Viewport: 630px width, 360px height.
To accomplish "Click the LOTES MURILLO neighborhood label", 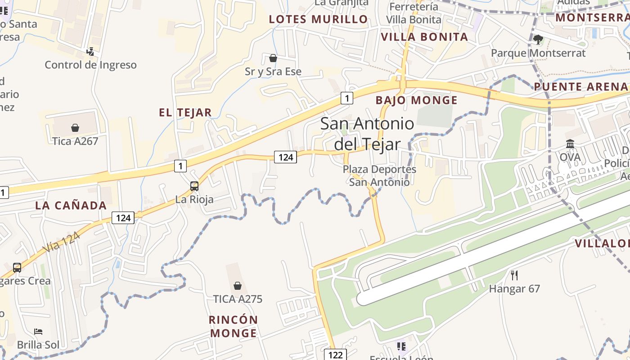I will (x=318, y=19).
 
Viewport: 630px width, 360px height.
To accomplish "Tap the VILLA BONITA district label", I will (x=424, y=37).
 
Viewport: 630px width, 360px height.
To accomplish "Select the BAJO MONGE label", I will (x=416, y=100).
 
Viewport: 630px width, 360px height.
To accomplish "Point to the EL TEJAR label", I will (x=185, y=112).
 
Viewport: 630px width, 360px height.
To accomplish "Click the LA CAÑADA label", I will (x=71, y=206).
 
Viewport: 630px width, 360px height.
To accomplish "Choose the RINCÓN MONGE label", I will (x=234, y=326).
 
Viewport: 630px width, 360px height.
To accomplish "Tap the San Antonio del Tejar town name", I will (x=367, y=134).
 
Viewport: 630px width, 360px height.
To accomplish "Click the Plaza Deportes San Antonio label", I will (x=379, y=175).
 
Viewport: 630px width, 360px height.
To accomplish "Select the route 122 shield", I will (x=335, y=355).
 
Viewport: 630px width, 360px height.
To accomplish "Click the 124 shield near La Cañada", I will (x=123, y=218).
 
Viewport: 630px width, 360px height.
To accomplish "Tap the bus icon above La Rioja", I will (x=194, y=186).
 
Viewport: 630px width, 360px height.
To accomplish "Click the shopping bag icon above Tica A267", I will (x=75, y=128).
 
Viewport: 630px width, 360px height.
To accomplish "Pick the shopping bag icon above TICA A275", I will (x=238, y=286).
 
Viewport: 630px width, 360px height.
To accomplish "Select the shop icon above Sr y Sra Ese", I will (x=273, y=58).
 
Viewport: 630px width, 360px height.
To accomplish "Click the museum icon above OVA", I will (x=570, y=144).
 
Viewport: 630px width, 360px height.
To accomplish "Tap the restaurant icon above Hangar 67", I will (x=514, y=275).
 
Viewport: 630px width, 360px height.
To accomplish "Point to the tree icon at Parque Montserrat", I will (x=538, y=40).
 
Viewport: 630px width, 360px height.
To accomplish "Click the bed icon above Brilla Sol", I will (x=38, y=332).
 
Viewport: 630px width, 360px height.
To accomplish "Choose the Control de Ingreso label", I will (x=90, y=65).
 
